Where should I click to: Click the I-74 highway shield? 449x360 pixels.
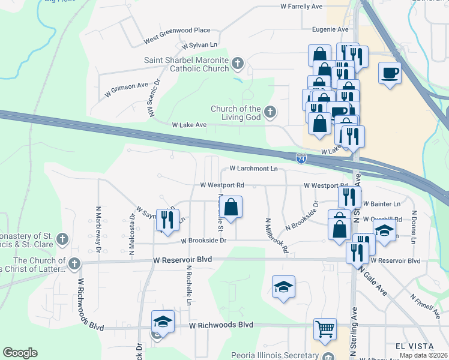click(301, 158)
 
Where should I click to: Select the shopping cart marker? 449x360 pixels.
click(325, 329)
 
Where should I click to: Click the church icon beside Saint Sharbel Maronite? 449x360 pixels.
click(238, 63)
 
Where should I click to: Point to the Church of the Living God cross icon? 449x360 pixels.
click(270, 111)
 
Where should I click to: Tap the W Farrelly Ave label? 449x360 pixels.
click(301, 7)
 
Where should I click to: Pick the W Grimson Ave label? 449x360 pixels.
click(125, 86)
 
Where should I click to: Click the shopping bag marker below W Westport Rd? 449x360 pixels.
click(231, 208)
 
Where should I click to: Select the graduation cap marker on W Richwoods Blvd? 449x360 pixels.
click(162, 321)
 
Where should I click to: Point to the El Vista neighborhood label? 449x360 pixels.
click(414, 346)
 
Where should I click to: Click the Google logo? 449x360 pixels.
click(20, 353)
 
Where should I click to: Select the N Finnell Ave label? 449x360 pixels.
click(426, 305)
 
